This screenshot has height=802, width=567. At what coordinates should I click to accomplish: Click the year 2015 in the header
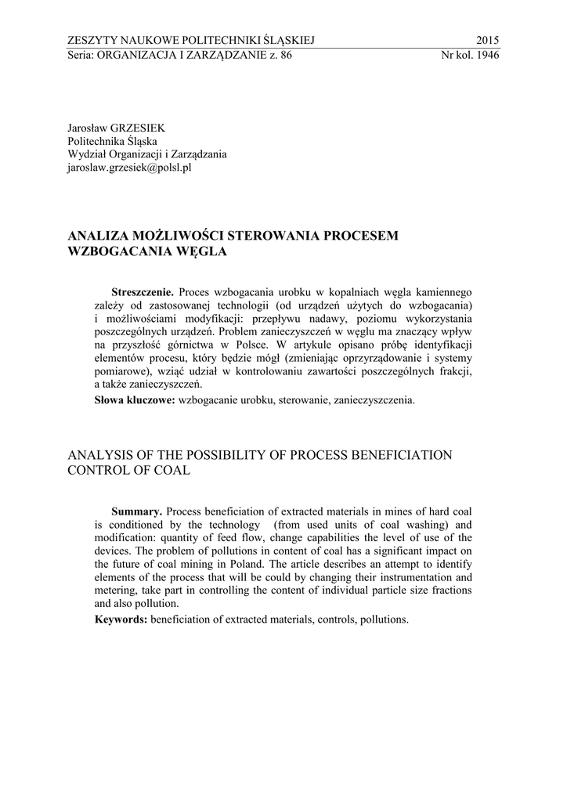click(486, 41)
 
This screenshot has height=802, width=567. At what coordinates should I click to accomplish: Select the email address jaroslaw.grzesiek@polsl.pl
click(130, 168)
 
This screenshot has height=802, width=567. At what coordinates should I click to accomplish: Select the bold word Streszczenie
click(143, 291)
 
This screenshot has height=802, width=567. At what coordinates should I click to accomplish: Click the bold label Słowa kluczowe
click(135, 400)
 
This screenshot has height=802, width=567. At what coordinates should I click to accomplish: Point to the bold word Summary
click(137, 510)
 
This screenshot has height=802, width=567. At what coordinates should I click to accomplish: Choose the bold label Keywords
click(121, 619)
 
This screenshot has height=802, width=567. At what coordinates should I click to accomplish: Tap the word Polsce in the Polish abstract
click(252, 344)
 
